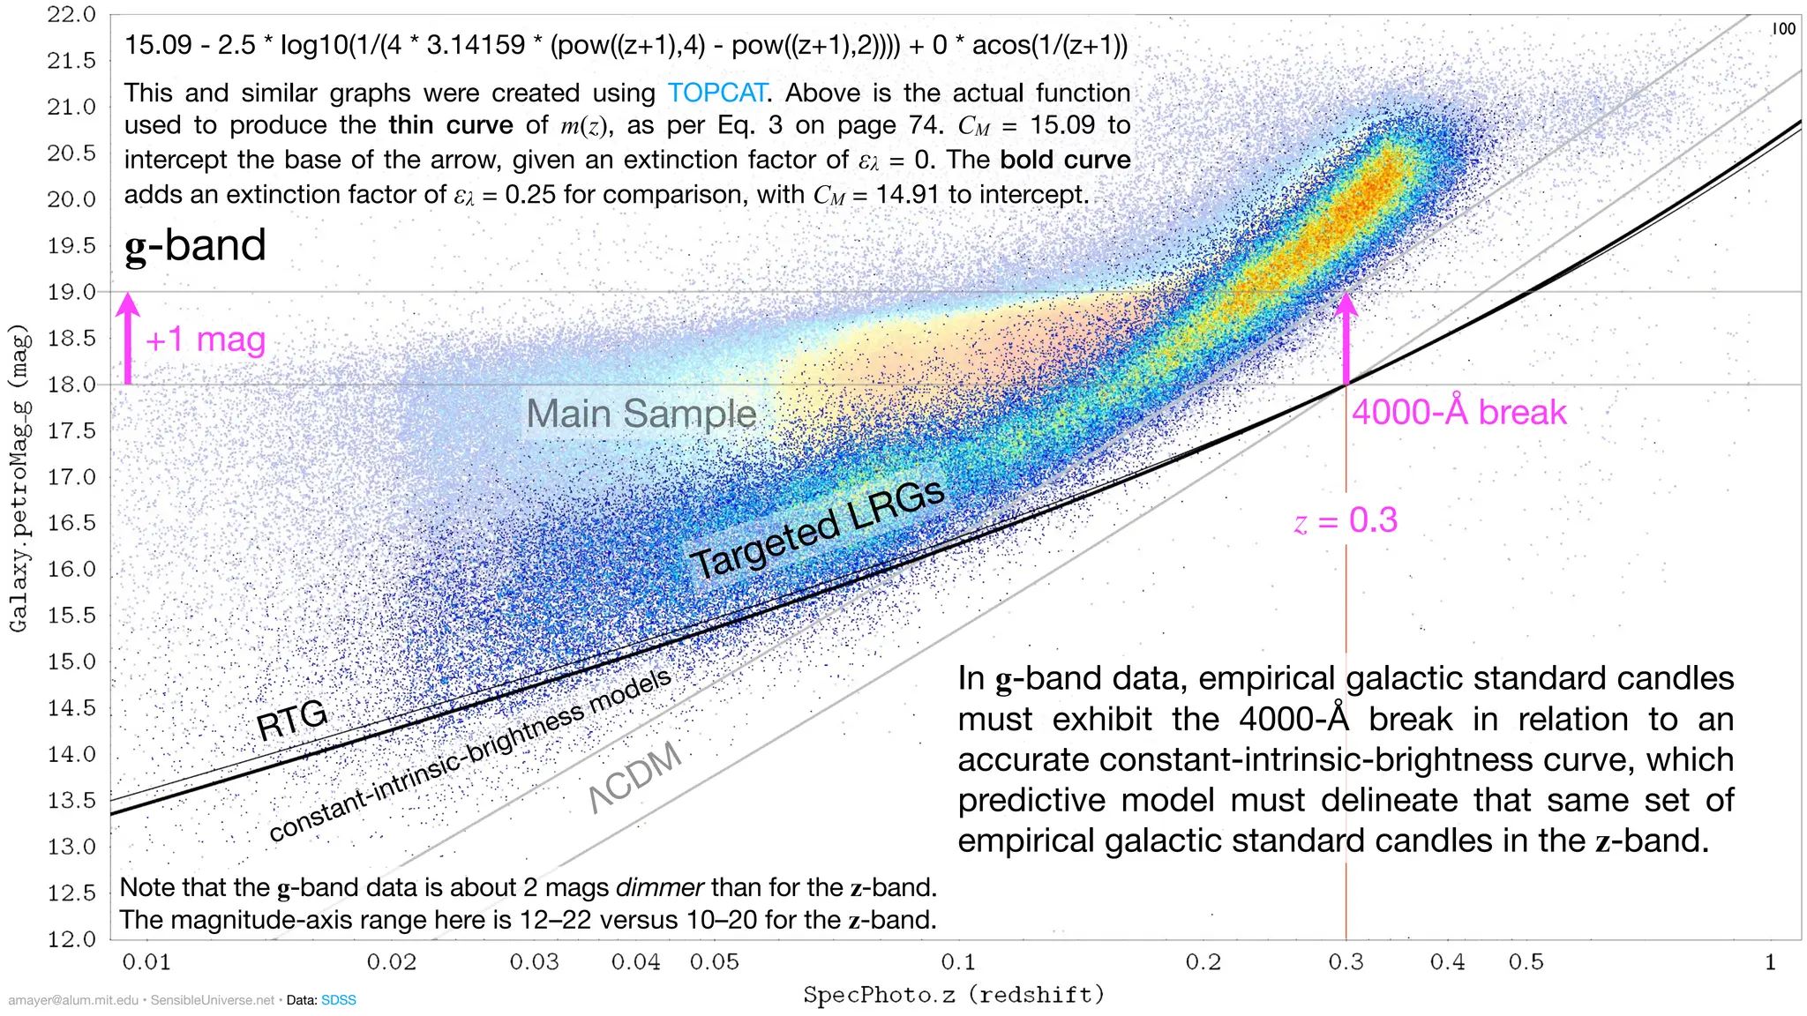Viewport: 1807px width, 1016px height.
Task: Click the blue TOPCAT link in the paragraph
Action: click(x=716, y=93)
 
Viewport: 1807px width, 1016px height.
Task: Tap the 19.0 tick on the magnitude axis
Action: click(x=71, y=292)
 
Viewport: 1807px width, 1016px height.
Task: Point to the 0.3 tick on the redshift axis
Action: click(x=1346, y=961)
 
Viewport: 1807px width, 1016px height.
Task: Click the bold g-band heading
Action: click(x=195, y=245)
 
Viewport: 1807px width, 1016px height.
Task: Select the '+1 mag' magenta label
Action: click(x=205, y=340)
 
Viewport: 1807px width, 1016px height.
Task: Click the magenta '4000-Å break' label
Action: click(x=1458, y=413)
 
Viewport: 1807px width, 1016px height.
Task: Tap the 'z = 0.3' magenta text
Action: click(x=1346, y=520)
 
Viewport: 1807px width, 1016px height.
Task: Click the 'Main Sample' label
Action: click(x=641, y=414)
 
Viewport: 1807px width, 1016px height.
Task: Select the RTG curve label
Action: click(x=292, y=719)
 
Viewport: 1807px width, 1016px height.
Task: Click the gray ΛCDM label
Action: click(x=635, y=776)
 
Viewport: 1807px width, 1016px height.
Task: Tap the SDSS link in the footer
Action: click(x=338, y=1000)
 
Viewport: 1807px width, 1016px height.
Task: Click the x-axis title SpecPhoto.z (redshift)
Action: click(x=954, y=995)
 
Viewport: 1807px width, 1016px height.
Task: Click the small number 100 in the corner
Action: click(x=1783, y=29)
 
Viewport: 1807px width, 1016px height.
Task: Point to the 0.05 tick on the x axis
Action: click(x=714, y=961)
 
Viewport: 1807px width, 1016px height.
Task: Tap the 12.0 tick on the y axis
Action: click(x=71, y=938)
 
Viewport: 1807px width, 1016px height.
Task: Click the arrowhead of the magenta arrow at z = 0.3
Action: click(x=1346, y=304)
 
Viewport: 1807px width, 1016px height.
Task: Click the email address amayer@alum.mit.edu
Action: click(x=73, y=1000)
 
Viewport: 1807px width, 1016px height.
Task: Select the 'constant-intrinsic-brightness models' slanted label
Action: click(x=470, y=755)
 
